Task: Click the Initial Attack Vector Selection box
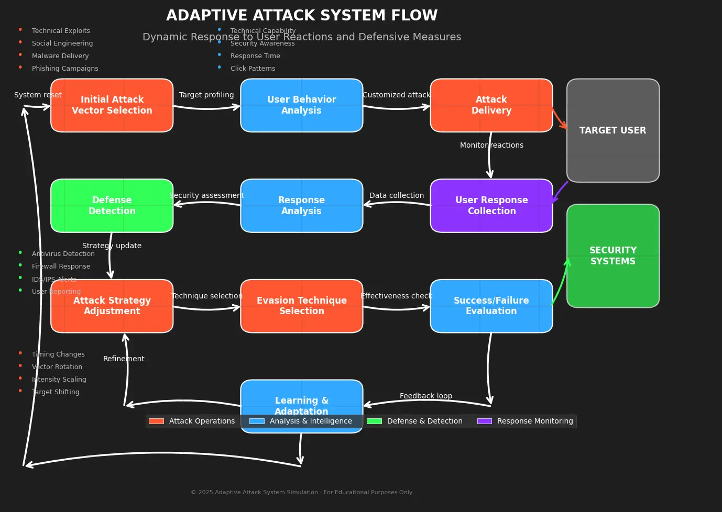point(112,105)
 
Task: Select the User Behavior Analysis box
point(301,105)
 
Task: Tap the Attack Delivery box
point(491,105)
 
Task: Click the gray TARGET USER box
point(612,130)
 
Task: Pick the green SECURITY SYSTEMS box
point(612,256)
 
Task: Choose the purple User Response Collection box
point(491,206)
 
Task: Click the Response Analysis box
point(301,206)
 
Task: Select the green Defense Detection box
point(112,206)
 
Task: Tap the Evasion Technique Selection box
point(301,306)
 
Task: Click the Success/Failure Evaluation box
point(491,306)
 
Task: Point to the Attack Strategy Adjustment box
point(112,306)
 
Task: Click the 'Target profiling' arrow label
point(206,95)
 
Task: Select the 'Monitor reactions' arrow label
point(491,145)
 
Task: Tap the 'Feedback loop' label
point(425,396)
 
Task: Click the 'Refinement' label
point(124,359)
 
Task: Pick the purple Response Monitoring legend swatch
point(484,421)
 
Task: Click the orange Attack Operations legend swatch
point(156,421)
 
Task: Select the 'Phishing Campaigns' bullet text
point(65,69)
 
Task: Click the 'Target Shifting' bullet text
point(56,392)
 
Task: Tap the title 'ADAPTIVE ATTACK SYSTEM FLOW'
point(302,16)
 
